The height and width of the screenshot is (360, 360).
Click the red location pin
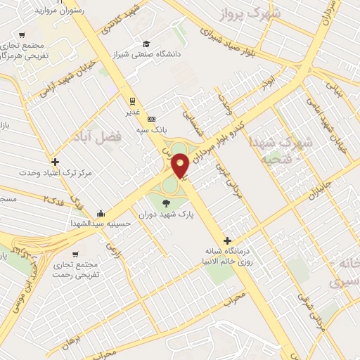(x=180, y=165)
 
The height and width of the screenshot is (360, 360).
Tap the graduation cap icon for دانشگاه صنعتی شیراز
(x=146, y=43)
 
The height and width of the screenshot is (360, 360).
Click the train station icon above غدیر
(x=131, y=101)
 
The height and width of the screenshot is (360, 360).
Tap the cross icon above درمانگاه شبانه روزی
(x=226, y=240)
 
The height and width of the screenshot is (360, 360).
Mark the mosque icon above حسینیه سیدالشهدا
(x=101, y=214)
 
